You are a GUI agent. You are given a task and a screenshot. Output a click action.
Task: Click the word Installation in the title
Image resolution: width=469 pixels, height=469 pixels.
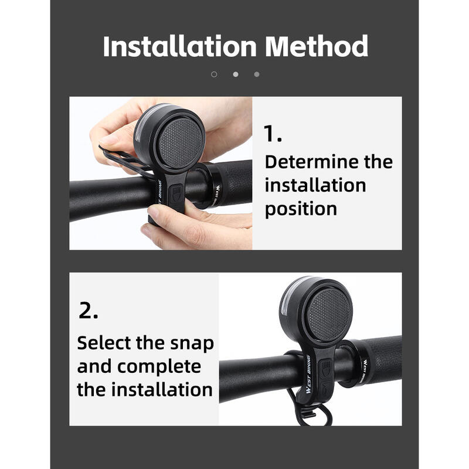coord(180,46)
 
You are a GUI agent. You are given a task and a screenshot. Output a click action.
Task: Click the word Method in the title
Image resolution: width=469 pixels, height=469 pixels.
coord(317,46)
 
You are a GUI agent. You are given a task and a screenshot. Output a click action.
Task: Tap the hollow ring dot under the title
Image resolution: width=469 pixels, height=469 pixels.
coord(214,74)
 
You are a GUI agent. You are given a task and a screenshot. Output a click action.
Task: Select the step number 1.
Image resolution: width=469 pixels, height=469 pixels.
coord(273,133)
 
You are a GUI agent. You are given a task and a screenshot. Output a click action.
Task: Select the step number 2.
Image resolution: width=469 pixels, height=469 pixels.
coord(89,311)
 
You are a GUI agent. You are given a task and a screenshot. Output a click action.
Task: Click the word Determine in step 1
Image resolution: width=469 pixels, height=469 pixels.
coord(312,162)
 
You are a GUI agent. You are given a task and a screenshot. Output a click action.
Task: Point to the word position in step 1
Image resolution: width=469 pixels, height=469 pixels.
coord(301,209)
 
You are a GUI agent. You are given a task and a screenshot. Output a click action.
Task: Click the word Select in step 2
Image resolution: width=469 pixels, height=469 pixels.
coord(104,342)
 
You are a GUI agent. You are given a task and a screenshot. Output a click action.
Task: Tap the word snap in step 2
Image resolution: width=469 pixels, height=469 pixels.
coord(192,344)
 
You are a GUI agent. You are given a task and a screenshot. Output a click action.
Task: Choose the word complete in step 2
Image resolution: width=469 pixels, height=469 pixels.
coord(159,368)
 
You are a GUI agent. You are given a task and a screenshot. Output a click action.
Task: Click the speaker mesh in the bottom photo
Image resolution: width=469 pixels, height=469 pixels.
coord(328,315)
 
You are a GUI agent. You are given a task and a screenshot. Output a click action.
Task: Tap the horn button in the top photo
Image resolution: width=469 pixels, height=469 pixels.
coord(176,195)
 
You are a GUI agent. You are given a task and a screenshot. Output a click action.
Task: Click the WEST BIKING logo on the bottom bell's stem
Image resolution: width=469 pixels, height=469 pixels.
coord(308,374)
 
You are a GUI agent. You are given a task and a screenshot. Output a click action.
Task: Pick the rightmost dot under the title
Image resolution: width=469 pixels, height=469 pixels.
coord(257,74)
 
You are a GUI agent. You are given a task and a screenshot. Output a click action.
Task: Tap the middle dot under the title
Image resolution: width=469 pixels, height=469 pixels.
coord(236,74)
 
